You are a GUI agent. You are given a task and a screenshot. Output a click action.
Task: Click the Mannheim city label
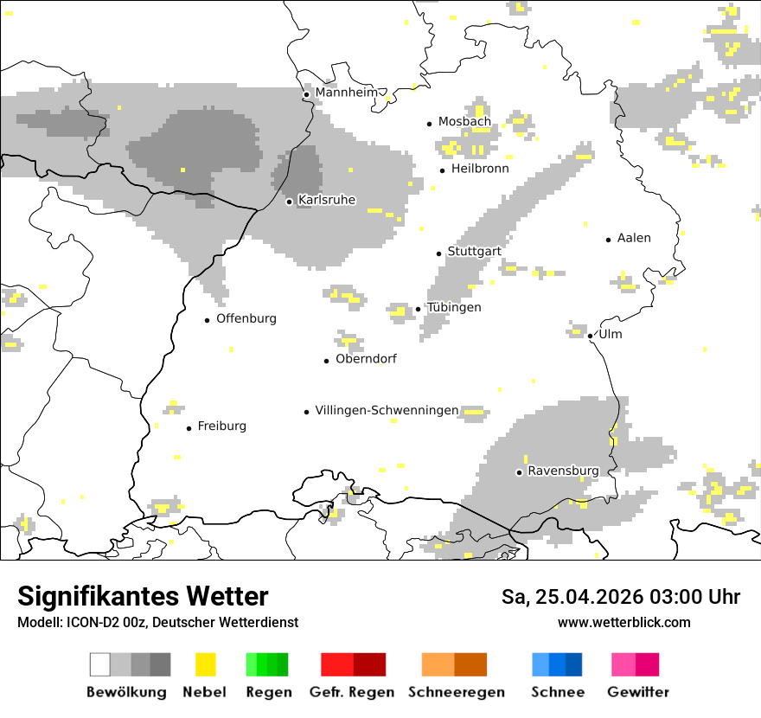[347, 93]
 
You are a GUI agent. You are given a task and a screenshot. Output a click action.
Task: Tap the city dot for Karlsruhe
[290, 202]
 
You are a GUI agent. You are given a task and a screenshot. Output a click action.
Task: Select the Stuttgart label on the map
[474, 252]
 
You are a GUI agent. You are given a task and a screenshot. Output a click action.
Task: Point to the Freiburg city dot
[189, 428]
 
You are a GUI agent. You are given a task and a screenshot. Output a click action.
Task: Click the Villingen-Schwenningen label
[387, 410]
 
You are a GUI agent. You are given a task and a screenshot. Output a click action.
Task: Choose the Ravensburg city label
[563, 471]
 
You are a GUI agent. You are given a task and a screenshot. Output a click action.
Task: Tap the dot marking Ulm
[590, 336]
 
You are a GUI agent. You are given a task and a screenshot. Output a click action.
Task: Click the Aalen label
[634, 238]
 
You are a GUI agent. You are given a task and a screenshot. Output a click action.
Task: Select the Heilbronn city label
[480, 169]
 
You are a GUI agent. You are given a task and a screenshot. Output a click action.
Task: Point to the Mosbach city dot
[429, 124]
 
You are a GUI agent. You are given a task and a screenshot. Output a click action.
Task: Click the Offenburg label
[246, 318]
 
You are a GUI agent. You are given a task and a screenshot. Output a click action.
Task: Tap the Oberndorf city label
[366, 359]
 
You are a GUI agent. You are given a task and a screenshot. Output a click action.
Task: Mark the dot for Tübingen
[419, 309]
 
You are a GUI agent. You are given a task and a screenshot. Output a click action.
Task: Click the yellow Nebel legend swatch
[205, 664]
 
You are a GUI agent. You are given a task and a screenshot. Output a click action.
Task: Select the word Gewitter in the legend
[638, 692]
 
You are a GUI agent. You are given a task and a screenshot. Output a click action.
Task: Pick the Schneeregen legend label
[456, 692]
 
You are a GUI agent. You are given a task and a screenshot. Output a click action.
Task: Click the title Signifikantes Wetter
[143, 596]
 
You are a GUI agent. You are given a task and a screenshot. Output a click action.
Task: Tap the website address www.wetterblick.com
[624, 622]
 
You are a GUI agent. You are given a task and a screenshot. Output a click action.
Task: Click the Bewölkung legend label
[126, 692]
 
